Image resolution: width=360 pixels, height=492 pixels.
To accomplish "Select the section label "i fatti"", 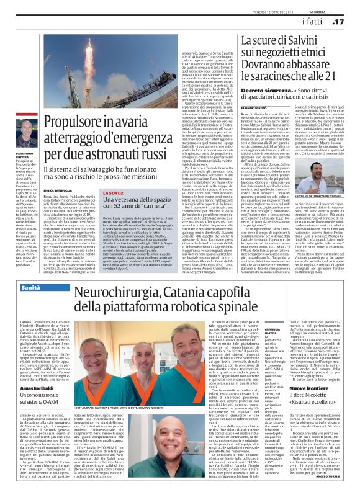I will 312,22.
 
